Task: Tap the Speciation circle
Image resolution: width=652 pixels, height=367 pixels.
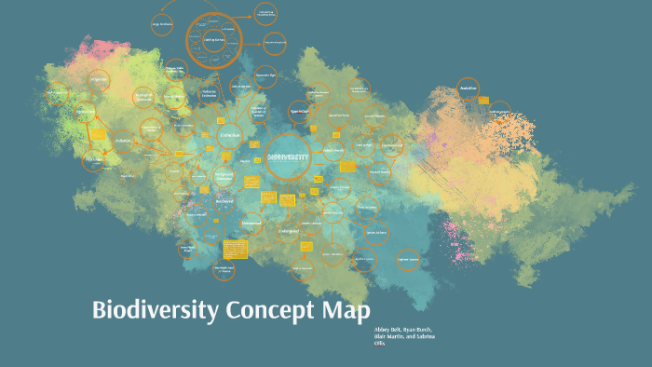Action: pyautogui.click(x=300, y=110)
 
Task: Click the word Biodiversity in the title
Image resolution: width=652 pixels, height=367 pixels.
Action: pyautogui.click(x=155, y=310)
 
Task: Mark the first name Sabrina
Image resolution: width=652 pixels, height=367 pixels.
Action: pyautogui.click(x=420, y=337)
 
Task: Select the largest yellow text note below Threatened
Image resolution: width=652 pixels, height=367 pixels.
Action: pyautogui.click(x=235, y=249)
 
